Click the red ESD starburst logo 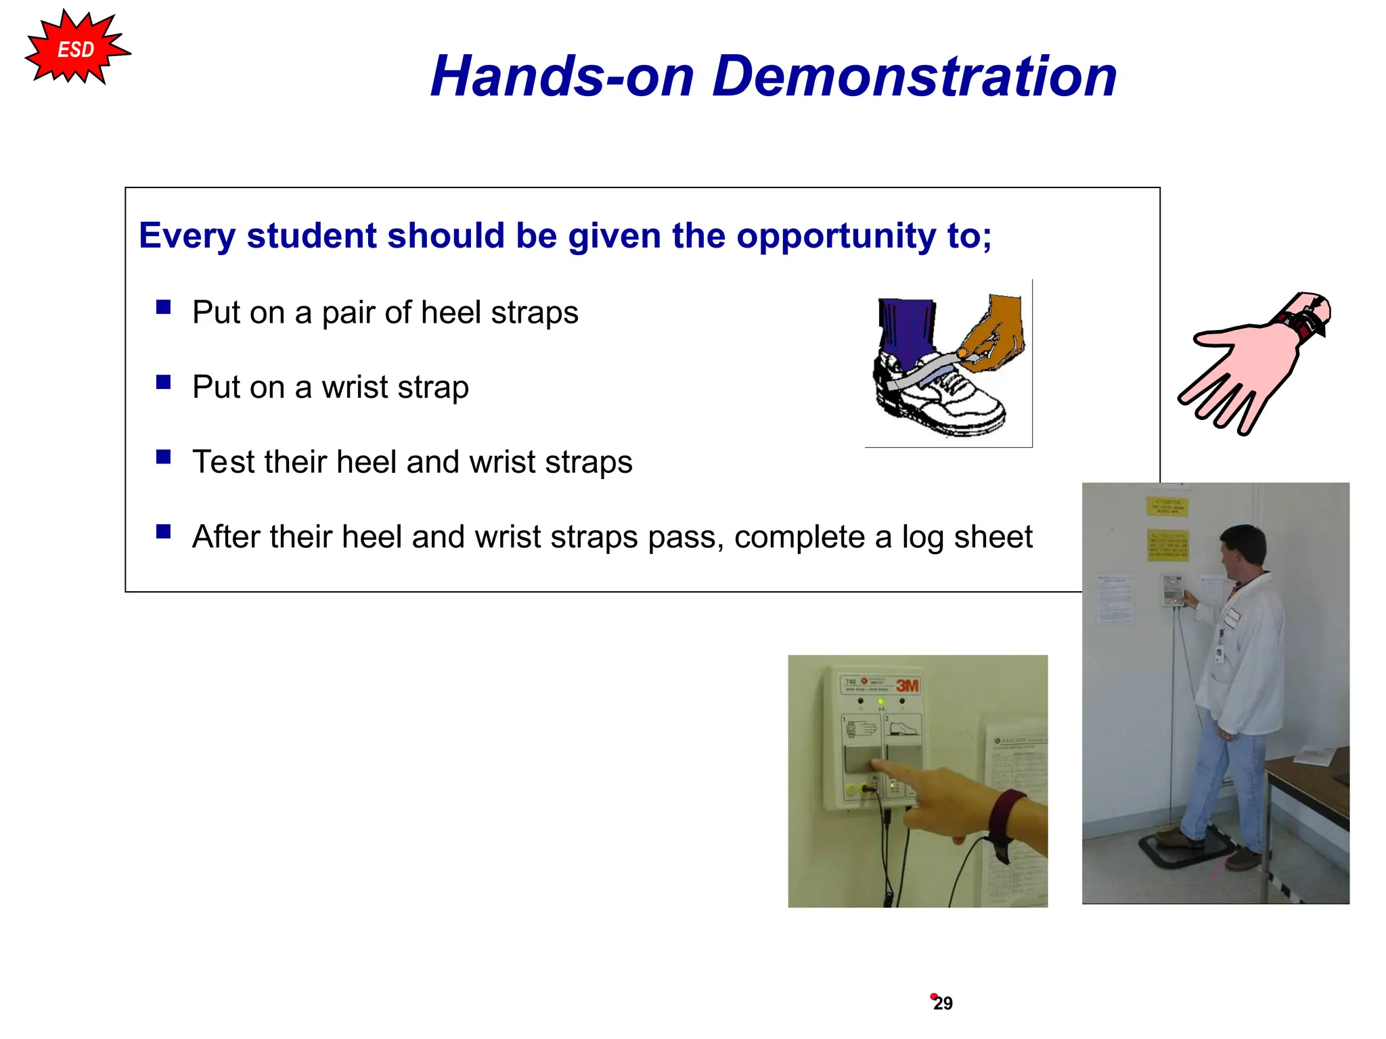pos(76,49)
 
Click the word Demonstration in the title pos(914,76)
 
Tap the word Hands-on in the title pos(562,76)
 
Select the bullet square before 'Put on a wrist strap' pos(163,382)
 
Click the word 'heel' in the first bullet pos(451,313)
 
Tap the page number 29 pos(943,1003)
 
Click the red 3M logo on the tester pos(907,685)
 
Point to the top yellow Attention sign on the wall pos(1167,506)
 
